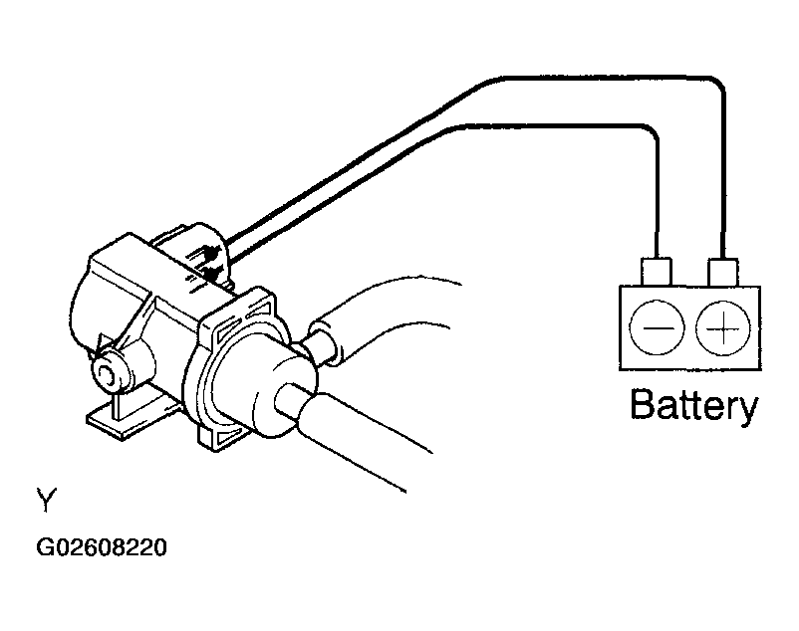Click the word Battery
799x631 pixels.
click(693, 406)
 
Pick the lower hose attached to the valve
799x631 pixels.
click(369, 438)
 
